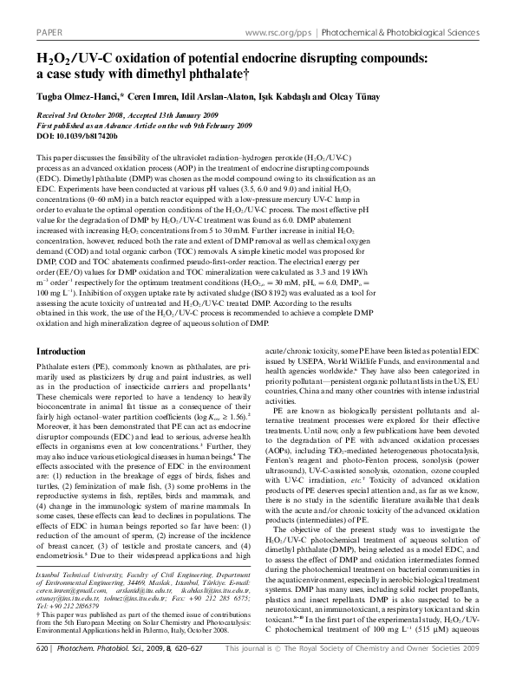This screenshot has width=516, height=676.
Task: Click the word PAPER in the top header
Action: tap(46, 9)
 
